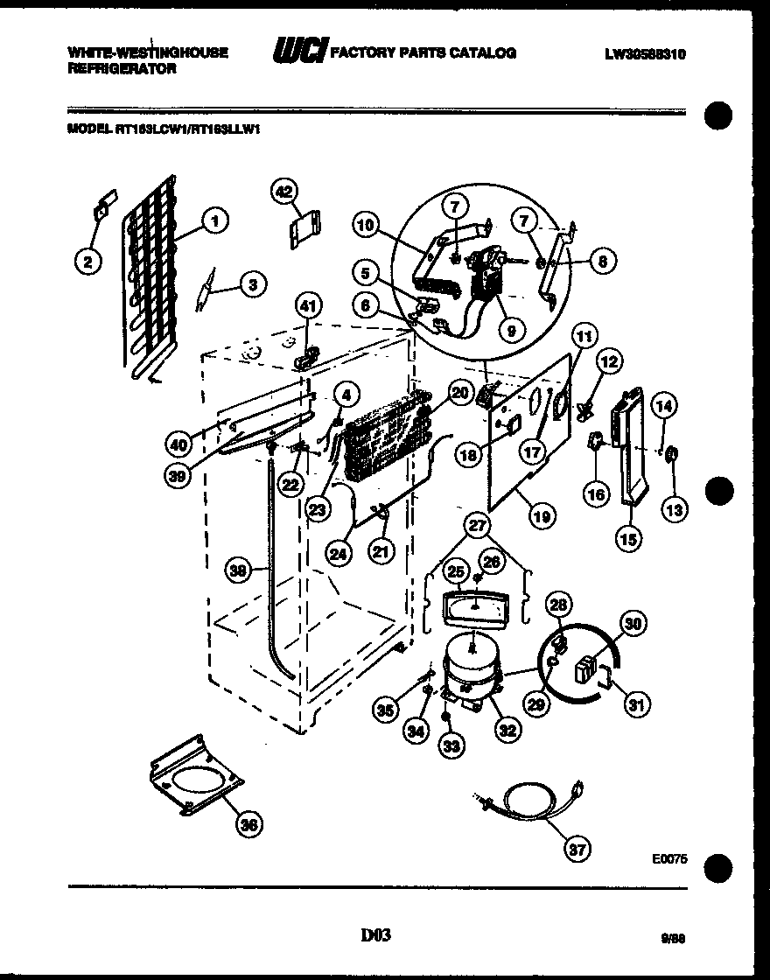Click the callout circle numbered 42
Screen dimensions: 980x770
tap(283, 191)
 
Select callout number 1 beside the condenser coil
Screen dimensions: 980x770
tap(214, 221)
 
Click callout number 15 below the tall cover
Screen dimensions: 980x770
tap(627, 539)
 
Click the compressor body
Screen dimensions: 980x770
tap(472, 669)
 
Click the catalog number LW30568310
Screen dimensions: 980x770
tap(645, 53)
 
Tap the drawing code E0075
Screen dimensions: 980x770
tap(670, 859)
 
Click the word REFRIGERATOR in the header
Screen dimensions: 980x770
tap(122, 68)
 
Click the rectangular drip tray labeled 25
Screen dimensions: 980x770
tap(472, 605)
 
